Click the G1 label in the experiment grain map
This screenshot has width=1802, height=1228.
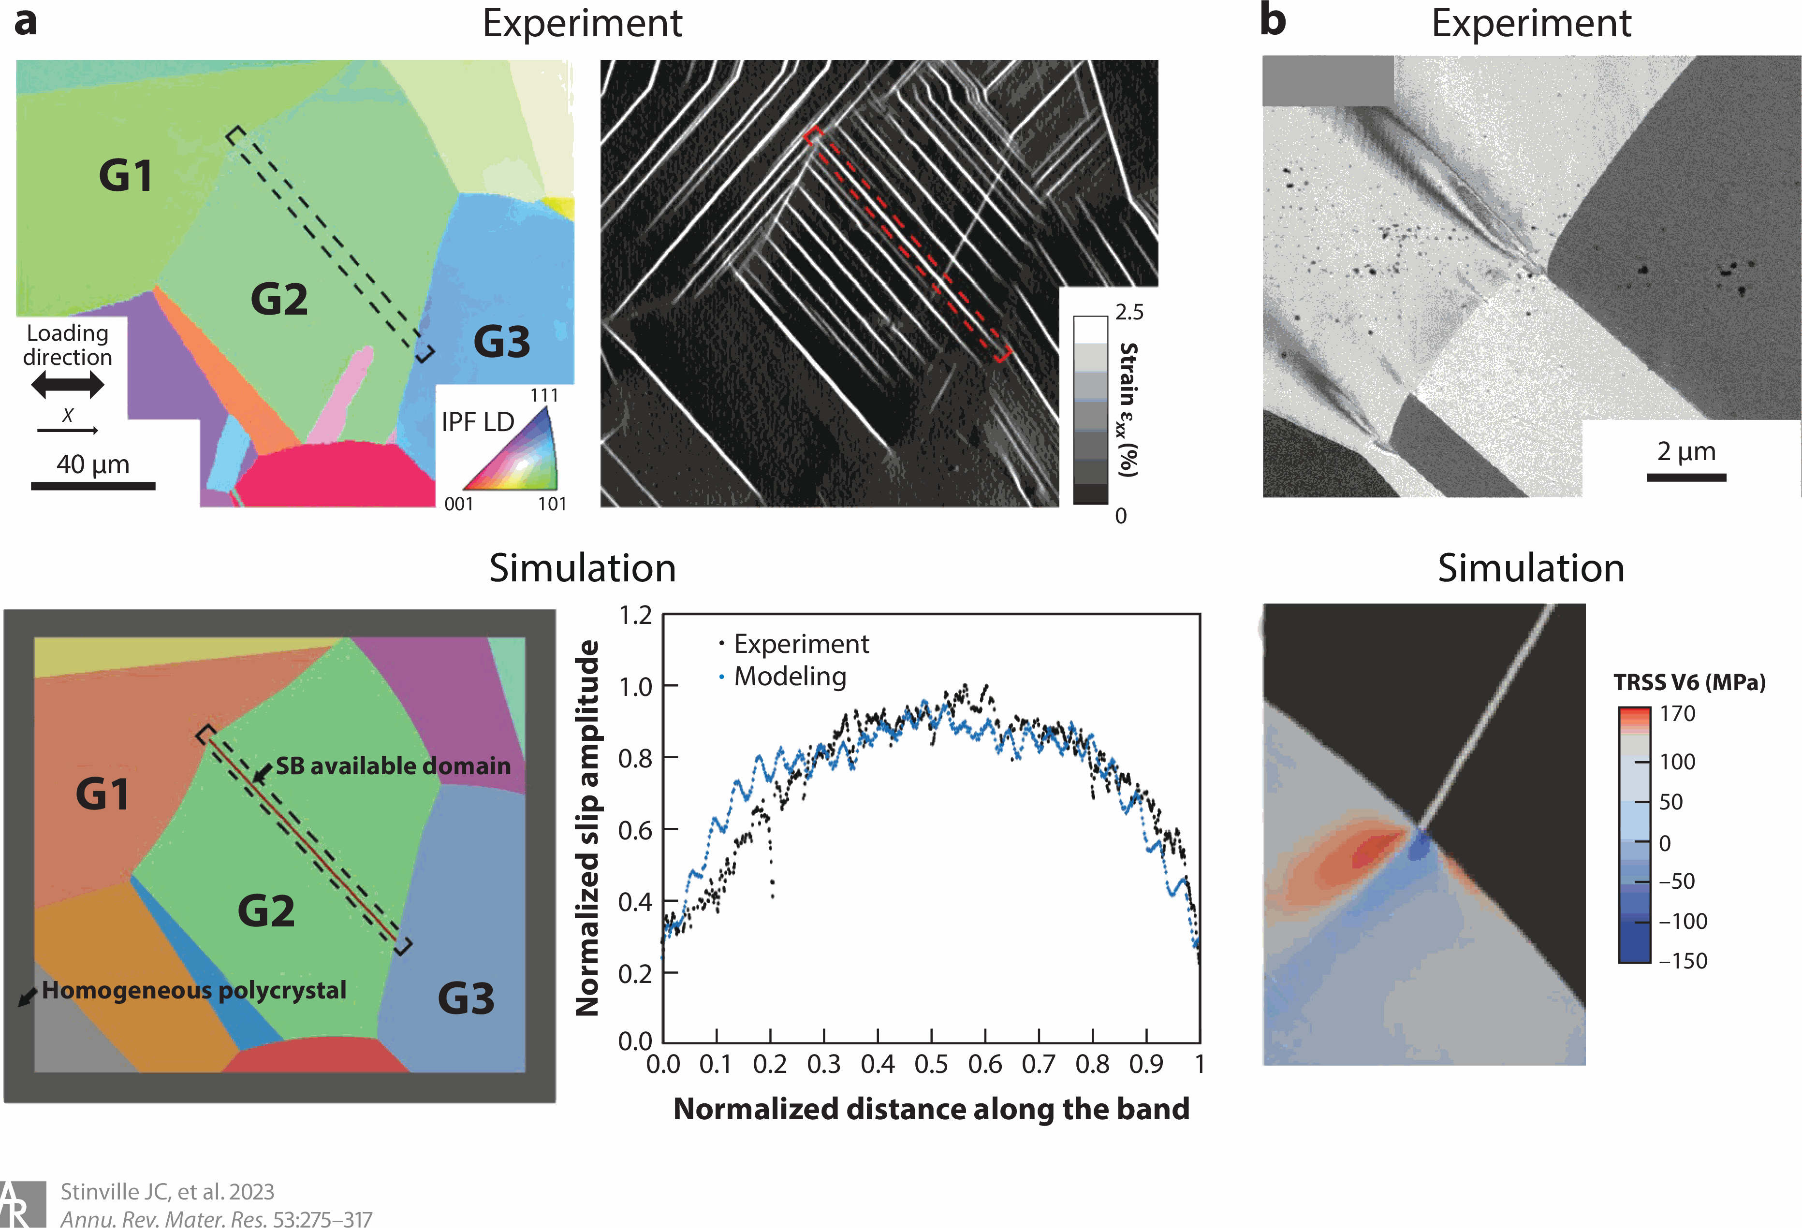coord(126,175)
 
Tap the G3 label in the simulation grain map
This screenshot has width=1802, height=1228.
coord(465,998)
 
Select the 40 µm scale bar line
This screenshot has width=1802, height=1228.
coord(93,486)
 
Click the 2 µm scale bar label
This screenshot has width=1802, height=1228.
coord(1686,451)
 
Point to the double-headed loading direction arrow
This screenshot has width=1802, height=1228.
coord(68,385)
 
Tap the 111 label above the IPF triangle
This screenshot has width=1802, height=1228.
coord(544,395)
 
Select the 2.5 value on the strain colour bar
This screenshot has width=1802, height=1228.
coord(1129,312)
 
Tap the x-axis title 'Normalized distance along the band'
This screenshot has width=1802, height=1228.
coord(931,1110)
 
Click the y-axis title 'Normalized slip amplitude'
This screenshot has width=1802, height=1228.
coord(588,828)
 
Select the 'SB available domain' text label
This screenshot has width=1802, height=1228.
coord(393,766)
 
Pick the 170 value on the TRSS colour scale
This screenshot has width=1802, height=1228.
coord(1677,713)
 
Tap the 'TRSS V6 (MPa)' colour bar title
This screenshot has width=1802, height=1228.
coord(1689,682)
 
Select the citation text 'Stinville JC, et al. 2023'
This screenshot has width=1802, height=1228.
coord(167,1192)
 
